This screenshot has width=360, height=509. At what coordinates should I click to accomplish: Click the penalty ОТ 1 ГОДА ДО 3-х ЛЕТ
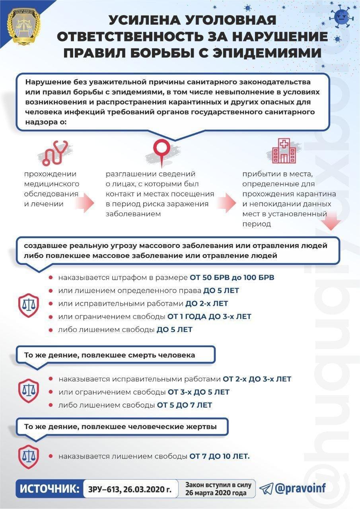pos(209,317)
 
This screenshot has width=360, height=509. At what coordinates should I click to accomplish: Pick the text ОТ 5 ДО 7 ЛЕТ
pos(184,405)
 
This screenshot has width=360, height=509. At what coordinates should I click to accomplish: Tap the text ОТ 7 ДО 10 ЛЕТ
pos(219,456)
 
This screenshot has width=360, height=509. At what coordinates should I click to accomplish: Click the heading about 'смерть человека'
pos(110,355)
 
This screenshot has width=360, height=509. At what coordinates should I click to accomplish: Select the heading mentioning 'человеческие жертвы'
pos(121,427)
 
